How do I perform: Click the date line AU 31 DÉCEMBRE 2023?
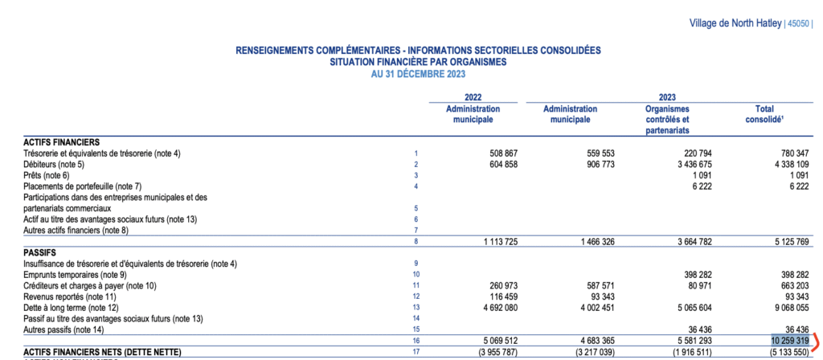417,73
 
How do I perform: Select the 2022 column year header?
473,97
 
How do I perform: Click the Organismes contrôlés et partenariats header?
667,119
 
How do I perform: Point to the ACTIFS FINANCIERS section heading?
62,141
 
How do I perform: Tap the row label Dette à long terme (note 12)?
71,307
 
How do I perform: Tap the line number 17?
416,352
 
